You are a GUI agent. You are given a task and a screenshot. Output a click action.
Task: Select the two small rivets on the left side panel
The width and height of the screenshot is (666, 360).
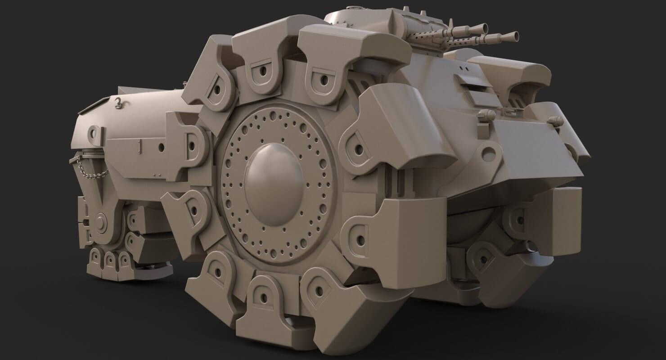(156, 174)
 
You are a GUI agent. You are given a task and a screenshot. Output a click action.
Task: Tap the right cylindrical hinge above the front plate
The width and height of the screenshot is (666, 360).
(554, 120)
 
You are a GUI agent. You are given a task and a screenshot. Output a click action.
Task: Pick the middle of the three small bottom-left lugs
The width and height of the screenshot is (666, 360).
(110, 260)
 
